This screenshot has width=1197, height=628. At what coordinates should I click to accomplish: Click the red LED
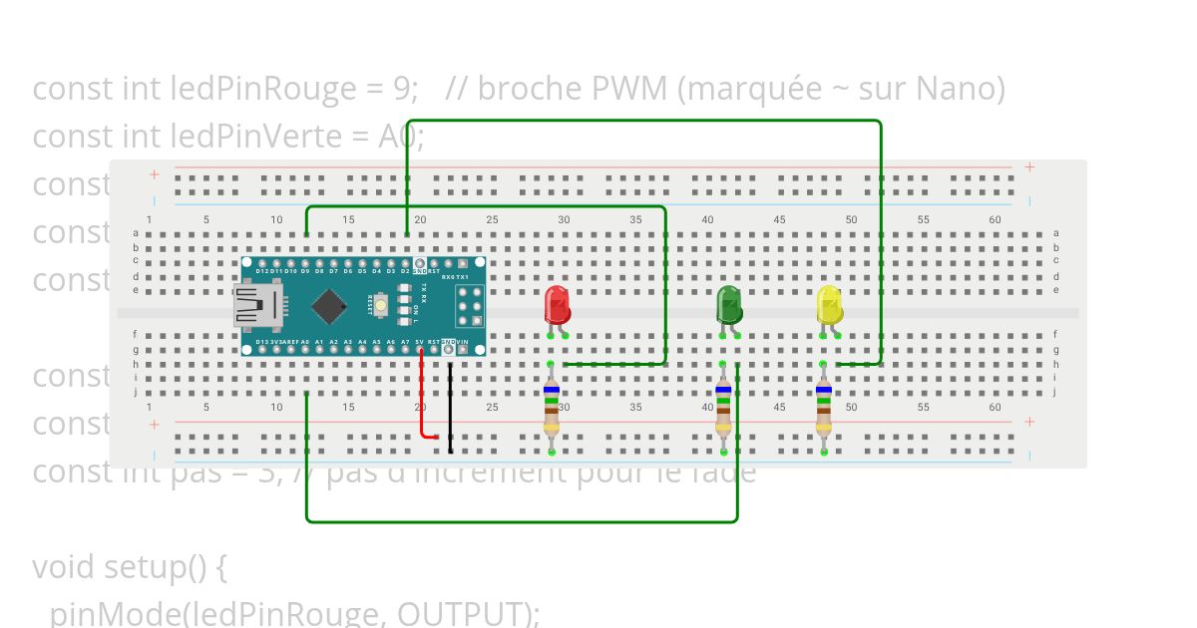click(x=557, y=304)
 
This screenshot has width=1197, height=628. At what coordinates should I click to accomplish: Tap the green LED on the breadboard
click(x=729, y=304)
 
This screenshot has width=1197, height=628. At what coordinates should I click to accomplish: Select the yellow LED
click(x=829, y=304)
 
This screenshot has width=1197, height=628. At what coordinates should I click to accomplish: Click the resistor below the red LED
click(x=552, y=409)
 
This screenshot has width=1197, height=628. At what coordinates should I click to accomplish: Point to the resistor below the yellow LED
click(x=823, y=409)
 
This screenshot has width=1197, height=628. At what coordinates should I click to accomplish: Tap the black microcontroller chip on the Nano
click(x=328, y=305)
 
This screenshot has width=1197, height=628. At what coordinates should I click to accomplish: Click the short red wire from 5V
click(x=423, y=399)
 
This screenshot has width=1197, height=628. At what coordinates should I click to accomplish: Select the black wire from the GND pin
click(x=450, y=404)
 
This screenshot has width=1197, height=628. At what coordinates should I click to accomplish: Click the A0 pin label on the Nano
click(x=305, y=342)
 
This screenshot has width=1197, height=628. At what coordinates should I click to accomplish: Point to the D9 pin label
click(x=304, y=270)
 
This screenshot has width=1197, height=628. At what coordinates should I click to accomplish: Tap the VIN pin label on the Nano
click(x=463, y=342)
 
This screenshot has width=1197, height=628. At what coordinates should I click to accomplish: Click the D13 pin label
click(x=261, y=342)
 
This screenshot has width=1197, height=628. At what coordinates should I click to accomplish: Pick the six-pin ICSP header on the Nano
click(x=469, y=305)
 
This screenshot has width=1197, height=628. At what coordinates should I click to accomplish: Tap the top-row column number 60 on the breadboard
click(x=995, y=219)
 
